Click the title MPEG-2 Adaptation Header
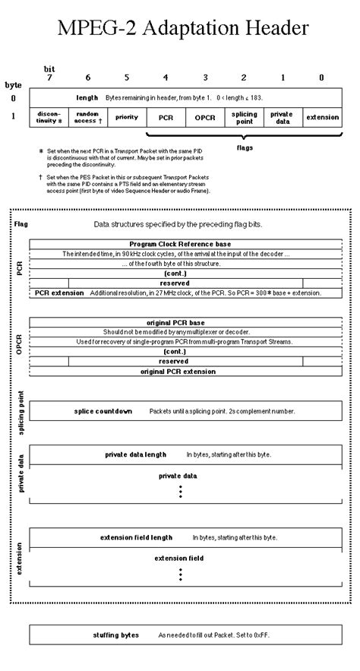(x=180, y=29)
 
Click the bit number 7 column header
(x=49, y=78)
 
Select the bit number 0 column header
(x=321, y=78)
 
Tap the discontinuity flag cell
(x=49, y=117)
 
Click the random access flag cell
(x=88, y=117)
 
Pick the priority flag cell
(x=127, y=117)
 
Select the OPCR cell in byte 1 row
(x=205, y=118)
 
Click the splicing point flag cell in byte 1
(x=244, y=117)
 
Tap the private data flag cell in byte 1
(x=283, y=117)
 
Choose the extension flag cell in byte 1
(x=321, y=117)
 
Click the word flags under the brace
(x=244, y=147)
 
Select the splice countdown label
(x=103, y=411)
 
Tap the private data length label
(x=135, y=454)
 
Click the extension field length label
(x=136, y=537)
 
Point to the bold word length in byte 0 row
(x=88, y=98)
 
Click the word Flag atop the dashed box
(x=21, y=225)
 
